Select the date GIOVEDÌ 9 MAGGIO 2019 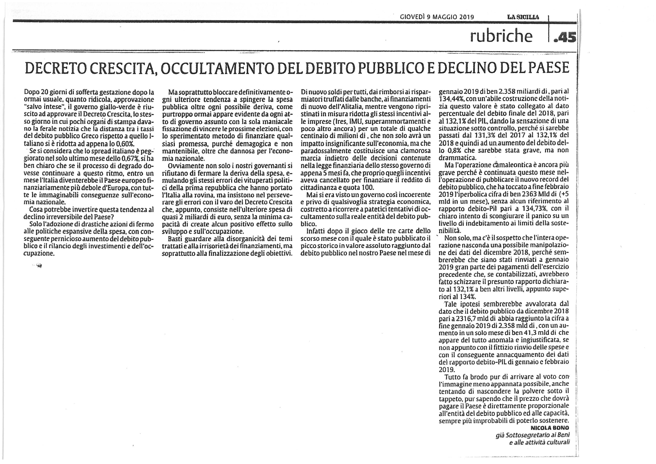(437, 17)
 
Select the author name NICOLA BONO (550, 428)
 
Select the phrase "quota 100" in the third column (361, 187)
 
